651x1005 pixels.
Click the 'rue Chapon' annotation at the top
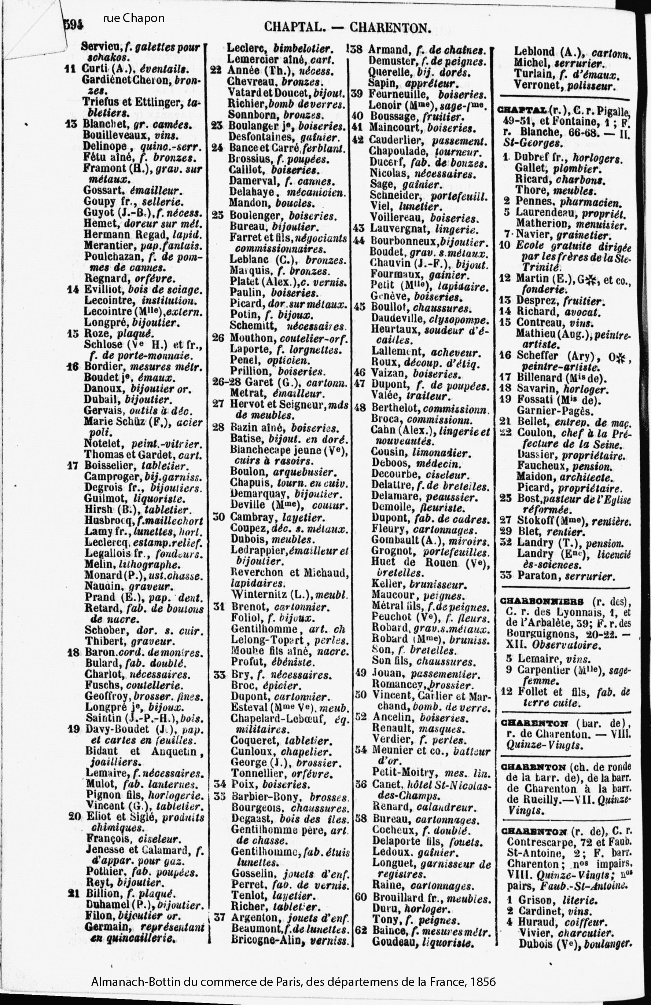[133, 19]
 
